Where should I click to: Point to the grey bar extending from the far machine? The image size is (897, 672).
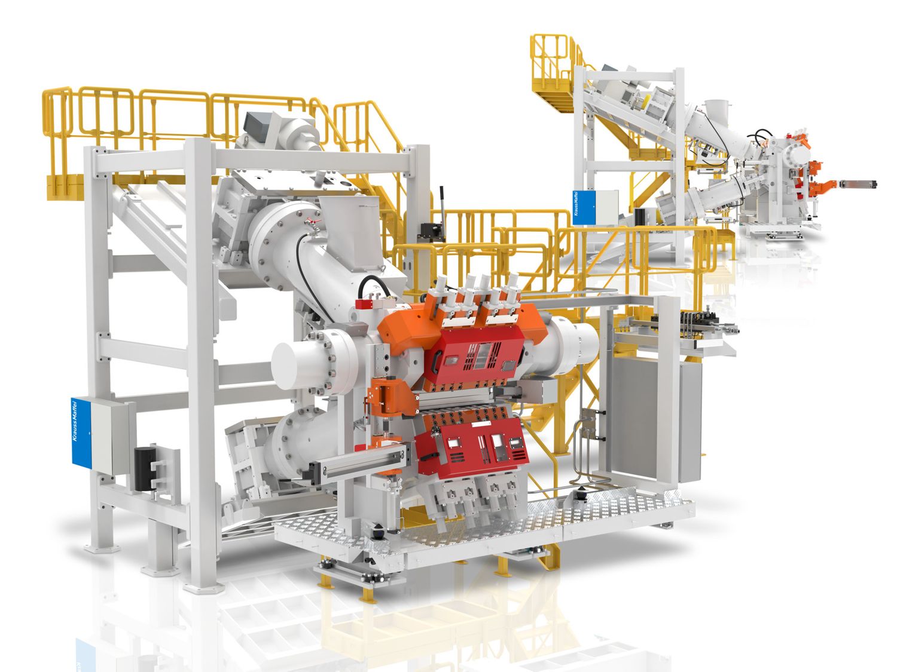pos(858,183)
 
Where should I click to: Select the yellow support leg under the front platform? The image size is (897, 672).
pos(365,591)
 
